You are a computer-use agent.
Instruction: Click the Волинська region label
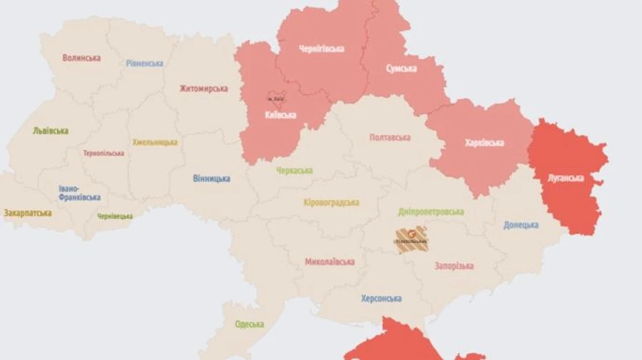click(81, 58)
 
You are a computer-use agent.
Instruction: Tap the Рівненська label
click(144, 63)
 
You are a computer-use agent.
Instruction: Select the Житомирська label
click(205, 88)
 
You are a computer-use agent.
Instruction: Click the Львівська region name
click(50, 130)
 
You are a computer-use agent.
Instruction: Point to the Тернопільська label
click(103, 153)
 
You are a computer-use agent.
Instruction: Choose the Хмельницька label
click(154, 143)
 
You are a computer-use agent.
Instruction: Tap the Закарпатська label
click(28, 212)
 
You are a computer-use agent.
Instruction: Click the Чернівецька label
click(115, 216)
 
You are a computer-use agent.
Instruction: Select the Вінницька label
click(211, 178)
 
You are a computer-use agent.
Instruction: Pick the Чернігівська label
click(321, 48)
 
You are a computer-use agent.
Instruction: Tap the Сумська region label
click(401, 68)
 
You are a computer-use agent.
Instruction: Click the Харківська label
click(484, 143)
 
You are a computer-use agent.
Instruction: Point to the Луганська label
click(567, 178)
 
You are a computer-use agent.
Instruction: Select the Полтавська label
click(390, 137)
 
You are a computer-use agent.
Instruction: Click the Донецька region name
click(521, 225)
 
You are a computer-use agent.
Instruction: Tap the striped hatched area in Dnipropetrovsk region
click(412, 240)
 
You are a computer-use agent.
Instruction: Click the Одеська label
click(250, 324)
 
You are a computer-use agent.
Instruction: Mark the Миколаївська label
click(330, 262)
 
